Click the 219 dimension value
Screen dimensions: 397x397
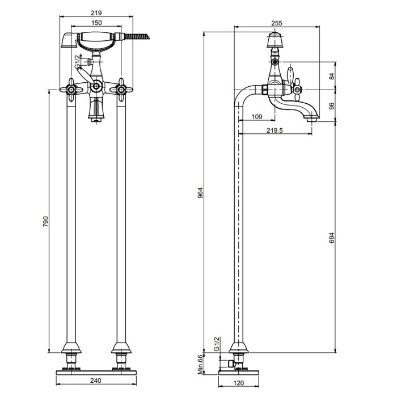tap(96, 12)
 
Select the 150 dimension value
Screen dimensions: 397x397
tap(96, 23)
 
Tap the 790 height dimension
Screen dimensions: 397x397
tap(45, 221)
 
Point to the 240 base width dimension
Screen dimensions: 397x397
tap(96, 381)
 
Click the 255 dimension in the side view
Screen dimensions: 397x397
tap(277, 23)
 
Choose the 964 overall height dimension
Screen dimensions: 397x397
tap(200, 193)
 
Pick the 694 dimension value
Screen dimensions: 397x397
tap(332, 238)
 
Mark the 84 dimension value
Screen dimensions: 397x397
tap(332, 76)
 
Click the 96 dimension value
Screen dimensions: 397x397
tap(332, 106)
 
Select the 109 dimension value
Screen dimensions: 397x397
tap(257, 117)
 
